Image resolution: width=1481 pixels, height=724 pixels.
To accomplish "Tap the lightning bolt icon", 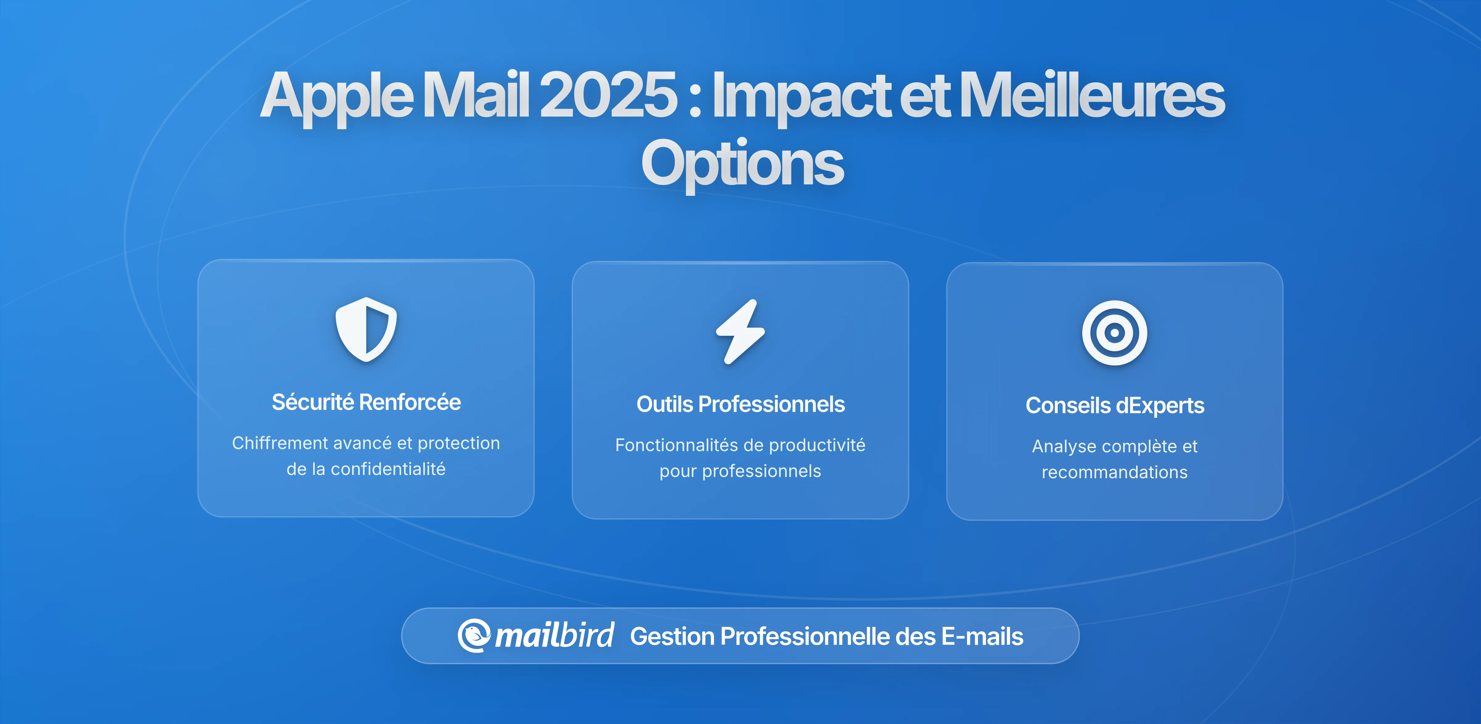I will click(740, 331).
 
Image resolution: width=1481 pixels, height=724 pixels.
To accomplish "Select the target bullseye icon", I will click(1114, 333).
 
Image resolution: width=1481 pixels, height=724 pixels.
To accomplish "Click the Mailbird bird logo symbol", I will click(474, 636).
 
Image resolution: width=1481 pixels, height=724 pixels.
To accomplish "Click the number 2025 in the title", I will click(608, 95).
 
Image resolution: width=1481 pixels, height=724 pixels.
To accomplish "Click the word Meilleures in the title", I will click(1091, 95).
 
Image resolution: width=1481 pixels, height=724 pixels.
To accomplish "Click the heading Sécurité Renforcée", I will click(366, 402).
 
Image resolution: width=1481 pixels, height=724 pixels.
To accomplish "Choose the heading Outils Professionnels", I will click(740, 405).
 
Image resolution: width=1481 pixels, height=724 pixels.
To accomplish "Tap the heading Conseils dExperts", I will click(1114, 406).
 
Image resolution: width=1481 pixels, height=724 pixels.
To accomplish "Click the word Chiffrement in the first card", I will click(280, 443).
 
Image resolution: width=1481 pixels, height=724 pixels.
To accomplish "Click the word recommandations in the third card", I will click(1114, 472).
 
